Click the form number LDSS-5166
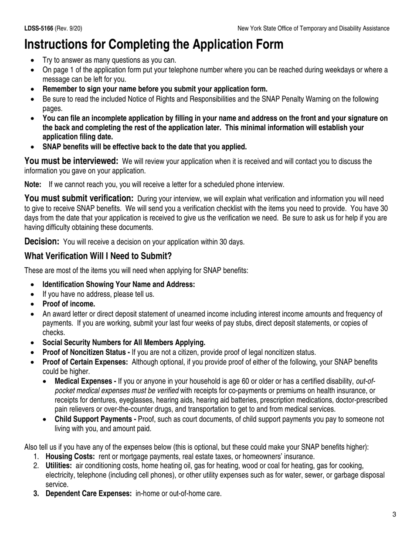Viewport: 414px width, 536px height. (x=39, y=28)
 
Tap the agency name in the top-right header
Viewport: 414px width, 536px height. (x=313, y=28)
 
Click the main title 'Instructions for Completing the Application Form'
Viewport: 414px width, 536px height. (x=154, y=45)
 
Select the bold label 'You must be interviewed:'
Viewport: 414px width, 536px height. (x=71, y=161)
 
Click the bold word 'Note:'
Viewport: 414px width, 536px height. (x=33, y=184)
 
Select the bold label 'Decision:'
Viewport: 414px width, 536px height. (x=42, y=241)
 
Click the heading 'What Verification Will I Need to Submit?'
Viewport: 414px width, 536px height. (x=98, y=256)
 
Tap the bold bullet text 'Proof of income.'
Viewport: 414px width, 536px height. (x=69, y=304)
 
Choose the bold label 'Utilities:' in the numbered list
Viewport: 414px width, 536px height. (x=59, y=465)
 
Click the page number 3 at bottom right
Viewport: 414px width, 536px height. (x=394, y=515)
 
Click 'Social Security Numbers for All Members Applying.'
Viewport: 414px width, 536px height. (x=124, y=343)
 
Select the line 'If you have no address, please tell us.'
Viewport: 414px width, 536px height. (x=98, y=294)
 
